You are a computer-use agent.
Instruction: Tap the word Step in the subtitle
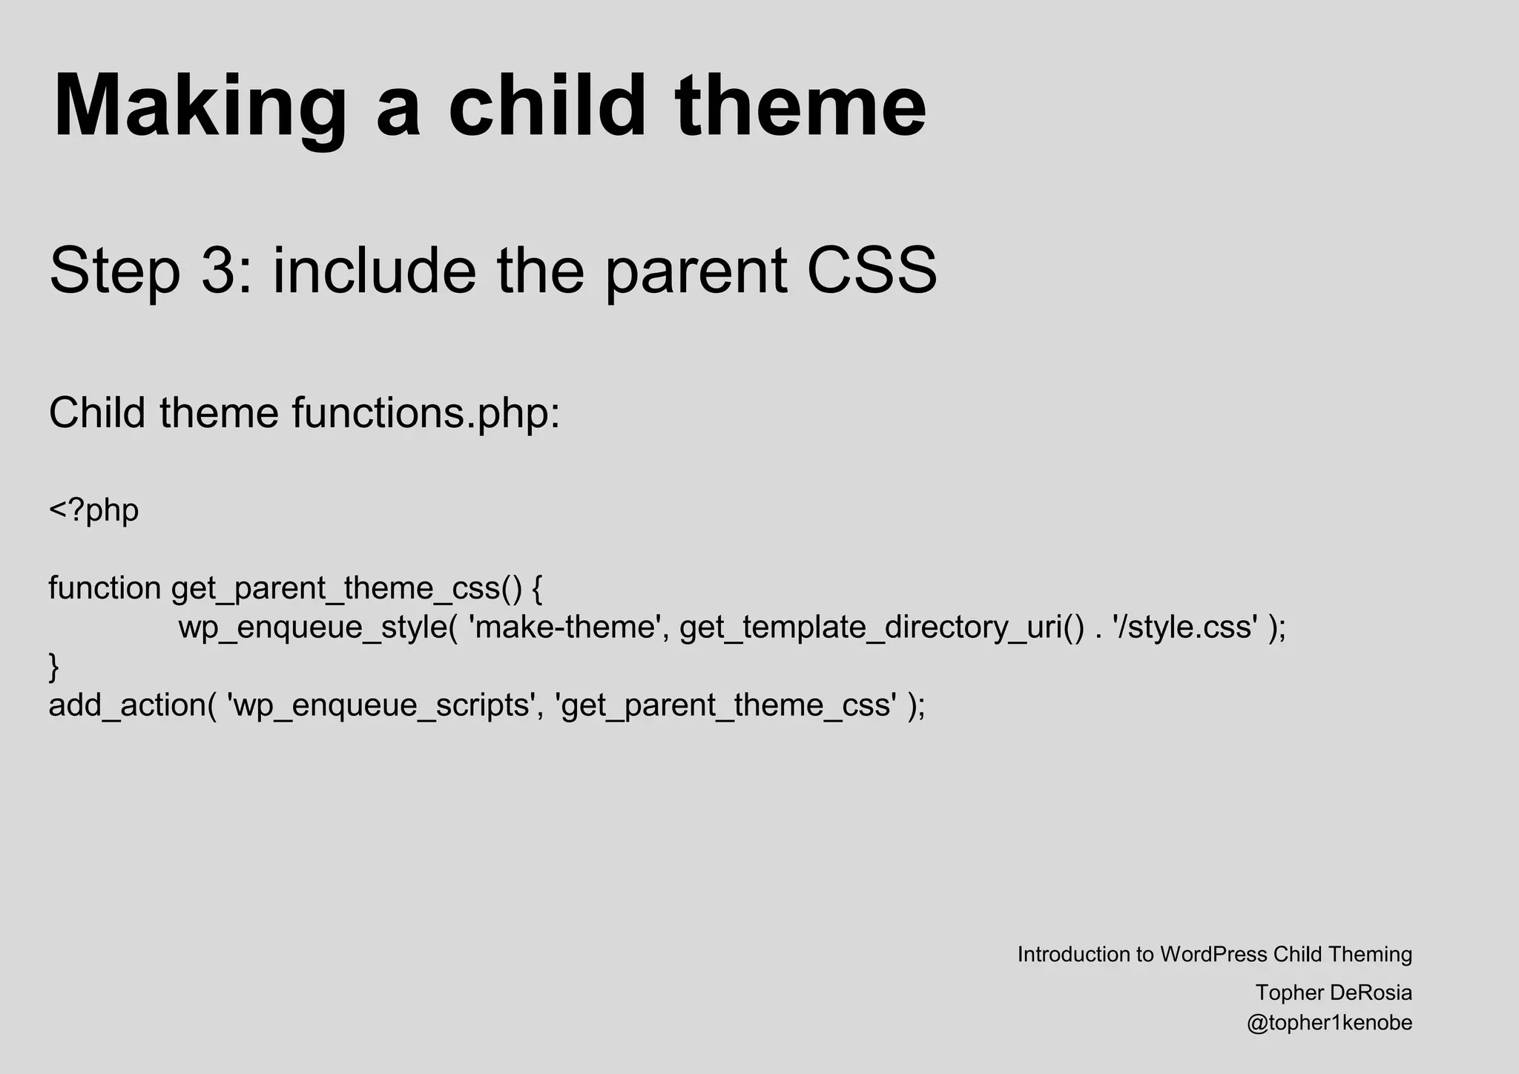[x=115, y=271]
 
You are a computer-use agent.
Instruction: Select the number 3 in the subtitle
[x=217, y=271]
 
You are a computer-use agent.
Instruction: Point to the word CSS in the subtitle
[x=871, y=271]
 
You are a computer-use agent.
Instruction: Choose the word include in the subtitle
[x=375, y=271]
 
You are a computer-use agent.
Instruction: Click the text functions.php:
[x=426, y=413]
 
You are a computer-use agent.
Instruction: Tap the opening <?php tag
[x=93, y=511]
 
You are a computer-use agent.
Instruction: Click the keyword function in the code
[x=105, y=588]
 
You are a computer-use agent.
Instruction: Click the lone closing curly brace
[x=53, y=666]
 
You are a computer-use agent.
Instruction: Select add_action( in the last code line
[x=132, y=705]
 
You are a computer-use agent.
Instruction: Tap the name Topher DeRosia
[x=1334, y=992]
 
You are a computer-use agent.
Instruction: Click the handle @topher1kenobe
[x=1329, y=1023]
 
